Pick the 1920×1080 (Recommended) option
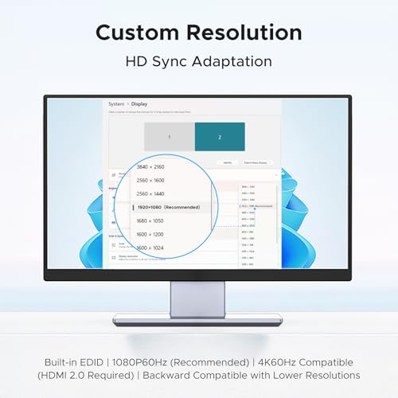(x=166, y=207)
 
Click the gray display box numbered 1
(x=169, y=137)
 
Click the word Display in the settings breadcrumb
(x=139, y=103)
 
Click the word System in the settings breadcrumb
(x=116, y=103)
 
